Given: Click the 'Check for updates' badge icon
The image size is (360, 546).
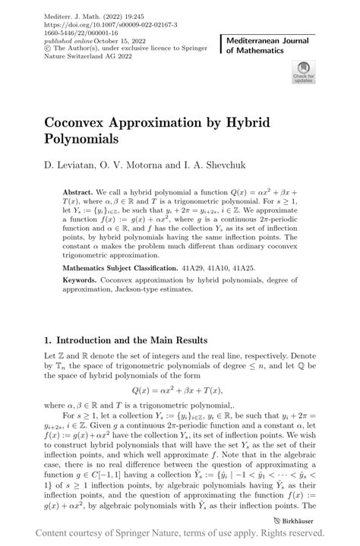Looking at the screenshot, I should pos(302,74).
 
